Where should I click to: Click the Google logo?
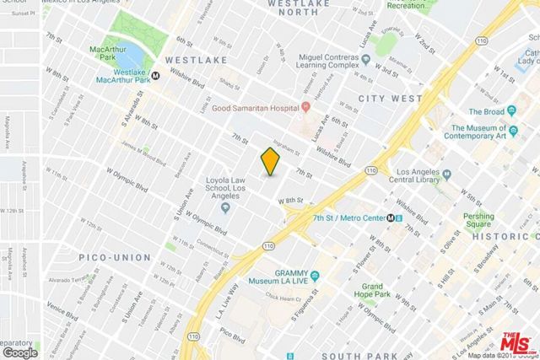click(x=20, y=352)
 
